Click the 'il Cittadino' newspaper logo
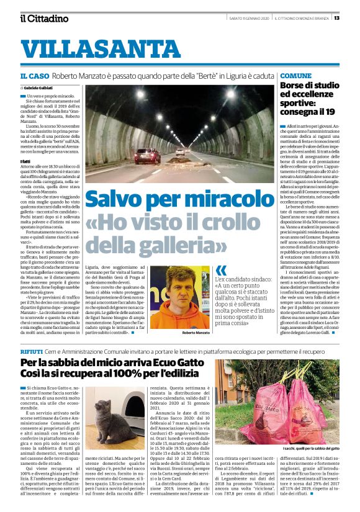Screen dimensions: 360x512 43,18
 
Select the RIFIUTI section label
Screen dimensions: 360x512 31,351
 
